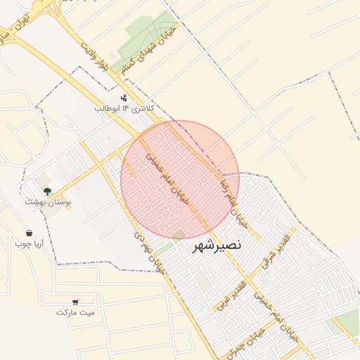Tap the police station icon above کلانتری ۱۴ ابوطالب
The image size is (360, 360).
click(x=124, y=98)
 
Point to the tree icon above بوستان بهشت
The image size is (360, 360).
click(x=47, y=191)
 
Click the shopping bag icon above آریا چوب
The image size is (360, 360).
click(x=29, y=233)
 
